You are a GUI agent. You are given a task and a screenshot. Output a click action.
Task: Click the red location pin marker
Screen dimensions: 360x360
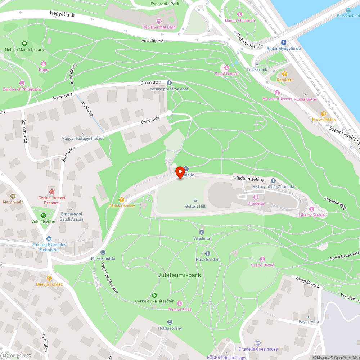pyautogui.click(x=180, y=172)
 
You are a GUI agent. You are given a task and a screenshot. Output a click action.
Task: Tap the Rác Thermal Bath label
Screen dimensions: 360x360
pyautogui.click(x=159, y=27)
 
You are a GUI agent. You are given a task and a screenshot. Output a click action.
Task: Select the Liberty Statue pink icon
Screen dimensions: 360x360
pyautogui.click(x=312, y=209)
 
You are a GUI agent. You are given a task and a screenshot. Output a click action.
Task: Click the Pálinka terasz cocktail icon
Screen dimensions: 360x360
pyautogui.click(x=122, y=200)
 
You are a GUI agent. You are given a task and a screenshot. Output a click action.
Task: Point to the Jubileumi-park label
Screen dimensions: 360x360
pyautogui.click(x=179, y=275)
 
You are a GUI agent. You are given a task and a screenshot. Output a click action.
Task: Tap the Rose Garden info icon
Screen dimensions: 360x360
pyautogui.click(x=207, y=253)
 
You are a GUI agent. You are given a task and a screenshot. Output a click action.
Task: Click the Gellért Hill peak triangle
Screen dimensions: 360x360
pyautogui.click(x=195, y=200)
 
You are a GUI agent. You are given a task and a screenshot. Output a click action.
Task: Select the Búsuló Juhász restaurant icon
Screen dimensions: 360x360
pyautogui.click(x=49, y=278)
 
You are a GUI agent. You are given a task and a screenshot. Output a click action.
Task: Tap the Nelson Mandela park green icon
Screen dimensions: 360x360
pyautogui.click(x=24, y=44)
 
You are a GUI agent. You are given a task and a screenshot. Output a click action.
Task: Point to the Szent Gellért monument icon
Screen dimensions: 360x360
pyautogui.click(x=227, y=68)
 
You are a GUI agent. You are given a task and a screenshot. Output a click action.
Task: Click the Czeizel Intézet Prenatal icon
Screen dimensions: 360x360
pyautogui.click(x=52, y=192)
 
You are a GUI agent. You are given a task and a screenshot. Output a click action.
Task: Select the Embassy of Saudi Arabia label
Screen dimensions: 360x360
pyautogui.click(x=72, y=216)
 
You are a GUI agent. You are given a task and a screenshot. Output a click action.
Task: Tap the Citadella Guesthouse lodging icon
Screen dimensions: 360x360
pyautogui.click(x=258, y=343)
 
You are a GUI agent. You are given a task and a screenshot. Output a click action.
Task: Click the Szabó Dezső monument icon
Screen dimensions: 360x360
pyautogui.click(x=263, y=259)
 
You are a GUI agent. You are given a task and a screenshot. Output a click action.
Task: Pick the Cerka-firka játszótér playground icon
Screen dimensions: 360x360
pyautogui.click(x=154, y=295)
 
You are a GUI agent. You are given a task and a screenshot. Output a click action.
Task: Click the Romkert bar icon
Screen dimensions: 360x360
pyautogui.click(x=284, y=73)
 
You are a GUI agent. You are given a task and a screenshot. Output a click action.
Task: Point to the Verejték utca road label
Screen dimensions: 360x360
pyautogui.click(x=307, y=282)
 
